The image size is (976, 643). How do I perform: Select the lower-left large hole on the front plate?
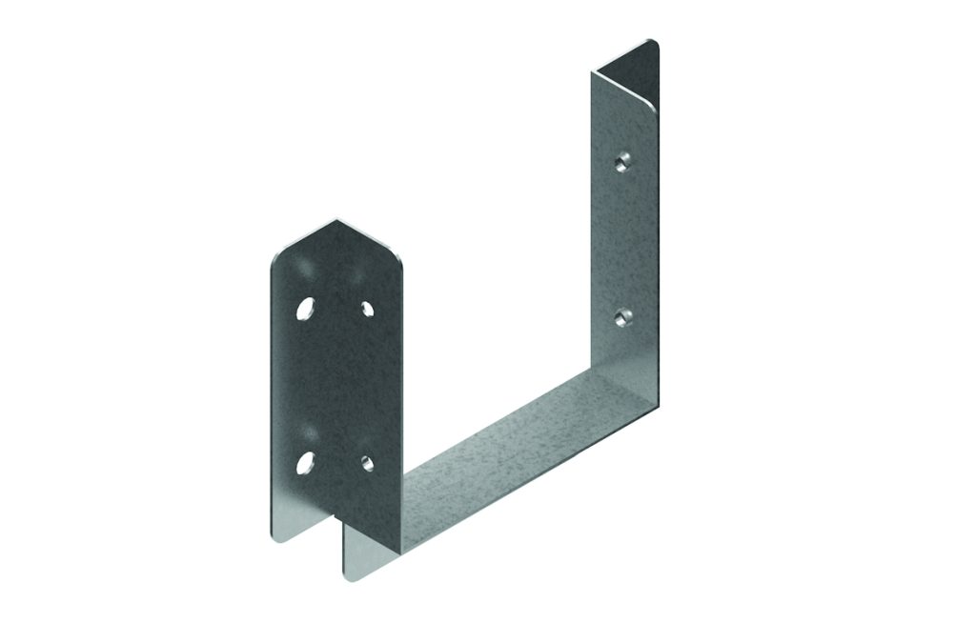pos(305,463)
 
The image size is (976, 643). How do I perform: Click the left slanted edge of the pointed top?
pos(303,238)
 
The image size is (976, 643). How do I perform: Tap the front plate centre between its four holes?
pos(335,386)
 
